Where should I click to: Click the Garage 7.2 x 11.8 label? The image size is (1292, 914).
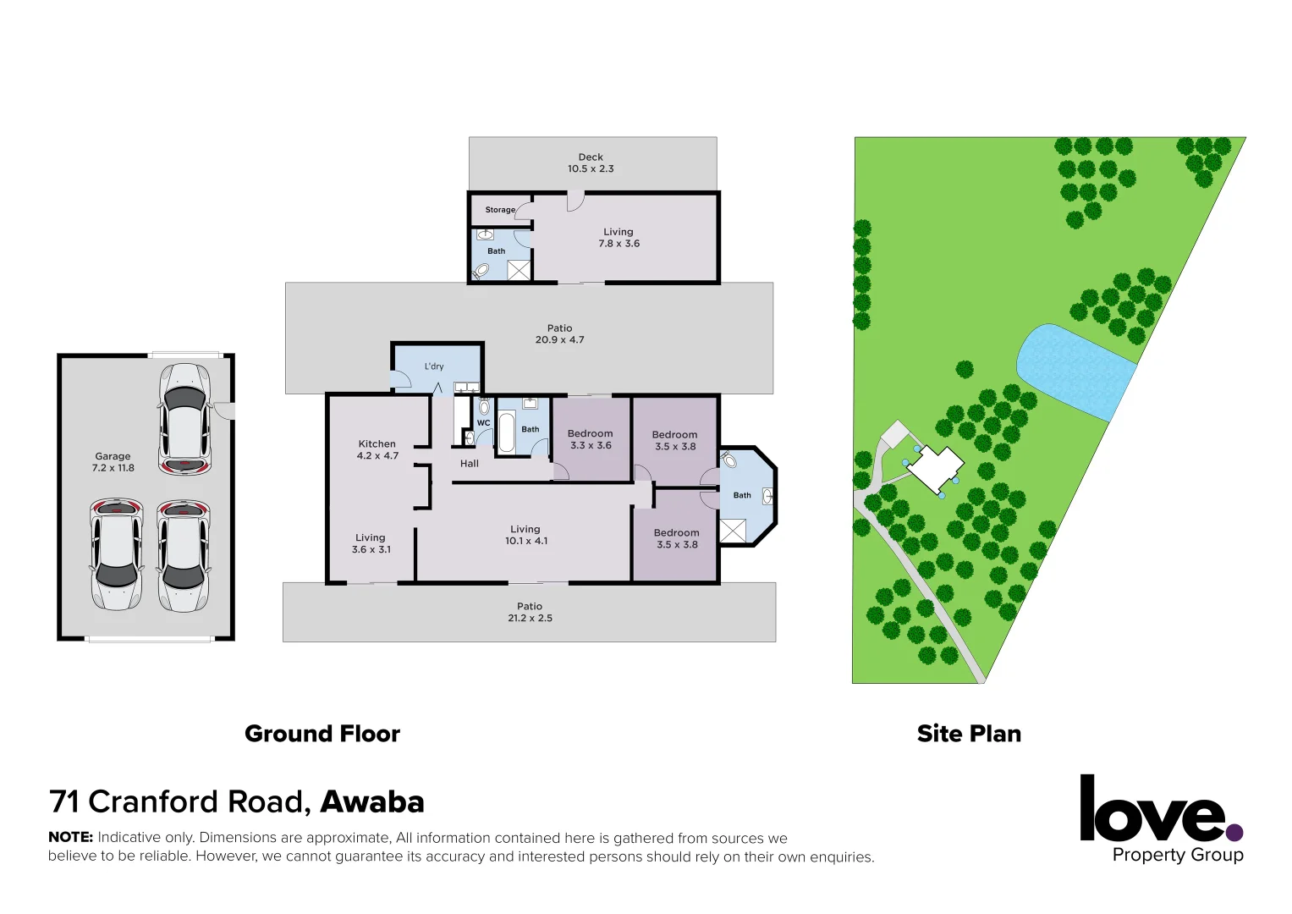[x=113, y=462]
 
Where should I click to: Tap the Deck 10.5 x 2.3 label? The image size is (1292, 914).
[x=591, y=163]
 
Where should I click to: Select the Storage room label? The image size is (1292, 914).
[x=500, y=210]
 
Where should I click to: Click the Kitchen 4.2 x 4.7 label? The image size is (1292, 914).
[x=377, y=449]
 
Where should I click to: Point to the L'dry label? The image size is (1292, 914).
[x=434, y=366]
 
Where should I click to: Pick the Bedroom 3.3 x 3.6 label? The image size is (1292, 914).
[x=591, y=439]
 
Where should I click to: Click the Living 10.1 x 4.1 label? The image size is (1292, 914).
[x=525, y=535]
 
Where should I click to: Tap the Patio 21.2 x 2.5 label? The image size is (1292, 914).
[x=530, y=612]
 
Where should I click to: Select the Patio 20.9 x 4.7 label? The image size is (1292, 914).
[x=559, y=333]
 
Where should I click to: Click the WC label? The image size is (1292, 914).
[x=483, y=423]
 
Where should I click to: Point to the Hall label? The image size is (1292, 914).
[x=470, y=464]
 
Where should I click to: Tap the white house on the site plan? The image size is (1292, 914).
[x=935, y=466]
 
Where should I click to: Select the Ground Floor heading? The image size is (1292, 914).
[x=322, y=734]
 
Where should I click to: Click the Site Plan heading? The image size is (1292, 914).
[x=969, y=734]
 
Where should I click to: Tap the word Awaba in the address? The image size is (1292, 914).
[x=372, y=801]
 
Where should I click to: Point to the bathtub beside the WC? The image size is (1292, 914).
[x=507, y=432]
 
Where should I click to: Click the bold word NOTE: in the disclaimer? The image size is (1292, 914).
[x=70, y=837]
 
